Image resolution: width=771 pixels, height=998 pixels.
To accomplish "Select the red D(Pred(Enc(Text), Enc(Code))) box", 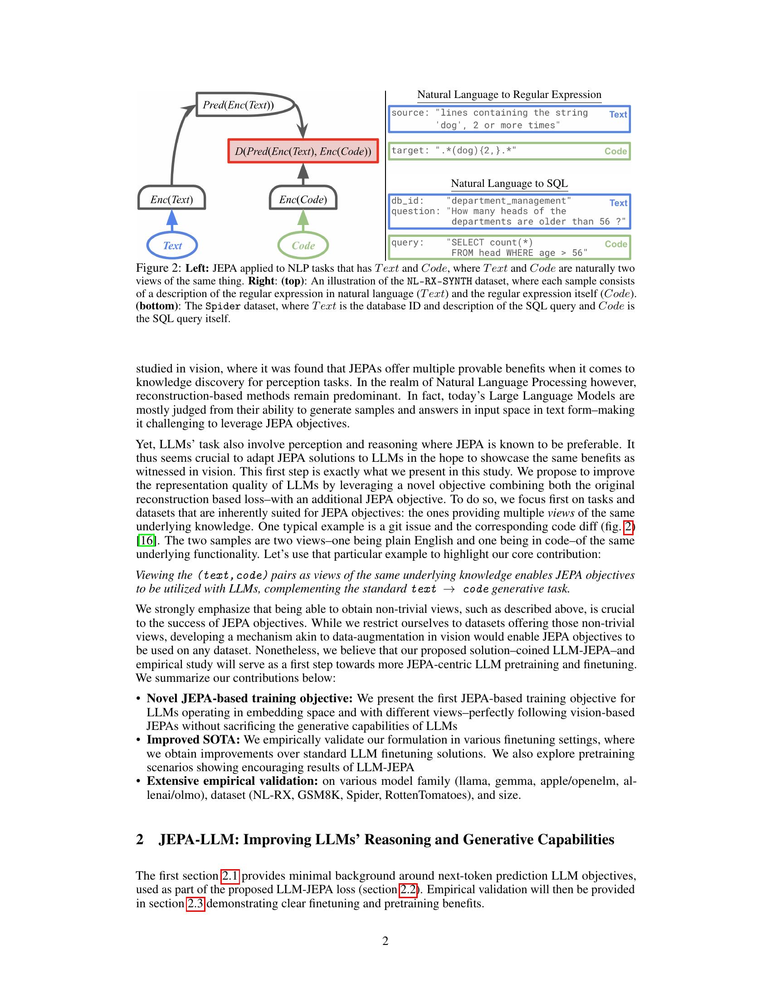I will pyautogui.click(x=303, y=151).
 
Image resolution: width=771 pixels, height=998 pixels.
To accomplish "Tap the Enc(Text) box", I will pyautogui.click(x=172, y=200).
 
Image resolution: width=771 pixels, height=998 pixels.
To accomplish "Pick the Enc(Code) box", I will pyautogui.click(x=303, y=200).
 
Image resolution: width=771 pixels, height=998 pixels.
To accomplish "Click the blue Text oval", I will pyautogui.click(x=172, y=245).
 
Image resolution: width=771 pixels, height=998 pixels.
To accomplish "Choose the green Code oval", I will pyautogui.click(x=303, y=245).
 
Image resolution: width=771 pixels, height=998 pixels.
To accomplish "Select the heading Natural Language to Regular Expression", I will pyautogui.click(x=509, y=95).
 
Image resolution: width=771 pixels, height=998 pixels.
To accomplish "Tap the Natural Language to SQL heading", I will pyautogui.click(x=509, y=183).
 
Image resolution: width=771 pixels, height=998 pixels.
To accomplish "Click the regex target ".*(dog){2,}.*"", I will pyautogui.click(x=476, y=151).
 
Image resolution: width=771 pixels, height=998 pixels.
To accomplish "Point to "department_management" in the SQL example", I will pyautogui.click(x=509, y=201).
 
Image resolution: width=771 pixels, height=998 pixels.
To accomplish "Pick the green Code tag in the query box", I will pyautogui.click(x=616, y=244).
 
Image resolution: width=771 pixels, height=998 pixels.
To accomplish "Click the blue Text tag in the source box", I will pyautogui.click(x=618, y=114).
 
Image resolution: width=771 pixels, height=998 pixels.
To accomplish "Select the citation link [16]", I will pyautogui.click(x=146, y=540).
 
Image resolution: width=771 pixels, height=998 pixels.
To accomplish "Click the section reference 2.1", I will pyautogui.click(x=230, y=876).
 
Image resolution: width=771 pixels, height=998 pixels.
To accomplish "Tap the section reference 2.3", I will pyautogui.click(x=195, y=903).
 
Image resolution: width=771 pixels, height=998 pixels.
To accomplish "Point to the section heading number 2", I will pyautogui.click(x=140, y=839).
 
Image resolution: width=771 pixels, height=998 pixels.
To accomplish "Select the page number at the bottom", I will pyautogui.click(x=385, y=941).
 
